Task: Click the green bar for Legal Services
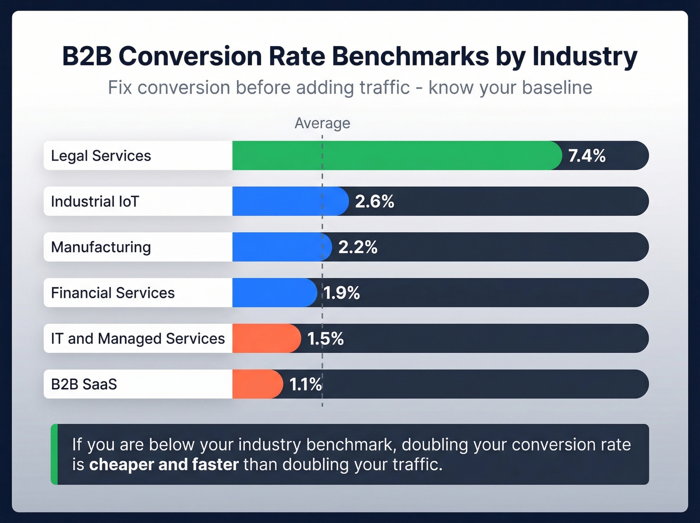(x=395, y=156)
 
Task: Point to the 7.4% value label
(x=586, y=156)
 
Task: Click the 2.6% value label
(x=374, y=201)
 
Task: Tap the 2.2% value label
(x=357, y=247)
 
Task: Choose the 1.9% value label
(x=341, y=293)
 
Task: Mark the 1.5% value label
(x=325, y=338)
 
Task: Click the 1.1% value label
(x=305, y=384)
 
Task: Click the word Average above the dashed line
(x=322, y=123)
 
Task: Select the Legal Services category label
(x=101, y=156)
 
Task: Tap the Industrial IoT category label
(x=95, y=201)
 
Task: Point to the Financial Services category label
(x=113, y=293)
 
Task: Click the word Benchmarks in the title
(x=410, y=56)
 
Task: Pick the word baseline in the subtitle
(x=557, y=88)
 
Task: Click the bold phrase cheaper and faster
(x=163, y=464)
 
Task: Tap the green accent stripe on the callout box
(x=54, y=454)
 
